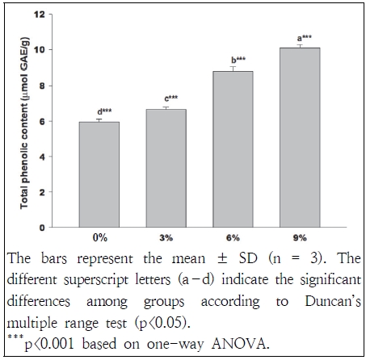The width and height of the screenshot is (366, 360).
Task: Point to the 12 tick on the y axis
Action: [x=49, y=14]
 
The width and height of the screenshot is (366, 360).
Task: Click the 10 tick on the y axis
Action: [x=49, y=50]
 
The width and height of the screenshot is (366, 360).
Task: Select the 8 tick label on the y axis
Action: [x=52, y=86]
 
